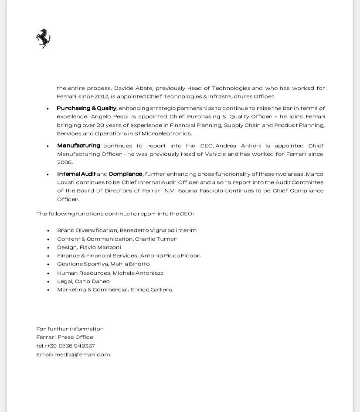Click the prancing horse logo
43,38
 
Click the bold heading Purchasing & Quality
86,108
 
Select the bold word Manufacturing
78,146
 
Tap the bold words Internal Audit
76,174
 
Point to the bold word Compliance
126,174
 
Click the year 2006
65,162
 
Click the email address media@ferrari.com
82,354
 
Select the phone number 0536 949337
77,346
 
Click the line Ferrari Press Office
65,337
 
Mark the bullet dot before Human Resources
48,273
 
